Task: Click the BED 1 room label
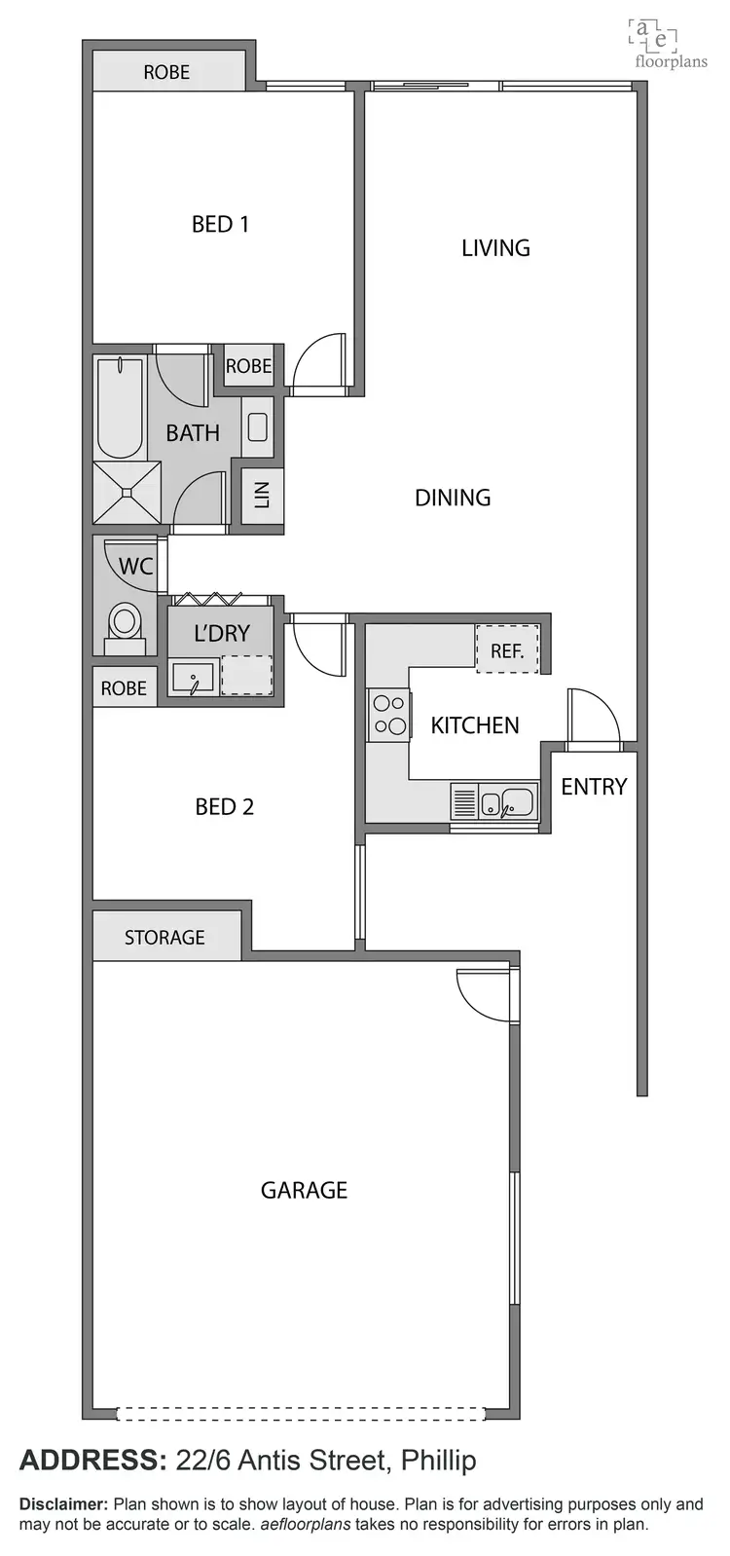click(x=220, y=224)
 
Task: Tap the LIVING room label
click(x=495, y=247)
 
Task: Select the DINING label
click(x=453, y=498)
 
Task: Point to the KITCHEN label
click(x=475, y=724)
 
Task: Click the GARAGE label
click(x=304, y=1189)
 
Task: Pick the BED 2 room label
click(x=224, y=806)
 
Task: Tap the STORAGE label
click(x=164, y=937)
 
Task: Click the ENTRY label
click(x=594, y=786)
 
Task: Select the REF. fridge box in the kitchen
click(x=507, y=649)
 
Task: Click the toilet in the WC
click(x=125, y=624)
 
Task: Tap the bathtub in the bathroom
click(x=121, y=407)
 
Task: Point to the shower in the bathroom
click(x=127, y=494)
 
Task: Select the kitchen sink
click(x=507, y=803)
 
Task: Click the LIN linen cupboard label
click(x=262, y=497)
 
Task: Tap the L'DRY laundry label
click(x=222, y=633)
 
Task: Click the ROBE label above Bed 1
click(x=166, y=72)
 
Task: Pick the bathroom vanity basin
click(x=258, y=426)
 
